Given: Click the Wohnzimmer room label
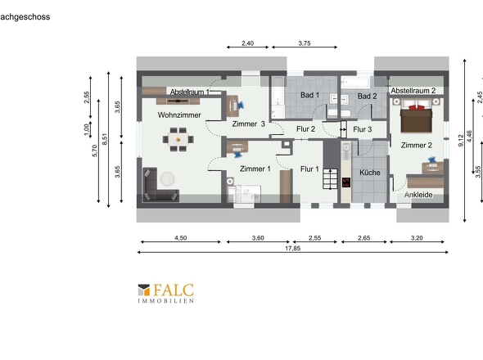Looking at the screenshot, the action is coord(179,115).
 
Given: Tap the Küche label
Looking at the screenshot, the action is coord(370,173).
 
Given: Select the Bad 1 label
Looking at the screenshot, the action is coord(310,95).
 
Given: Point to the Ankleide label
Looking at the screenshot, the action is coord(418,195).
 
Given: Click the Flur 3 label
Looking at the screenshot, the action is coord(362,129).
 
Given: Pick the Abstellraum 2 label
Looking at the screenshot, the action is coord(413,91).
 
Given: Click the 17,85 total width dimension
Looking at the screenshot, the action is coord(292,249).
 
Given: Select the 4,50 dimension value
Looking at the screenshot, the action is coord(180,238).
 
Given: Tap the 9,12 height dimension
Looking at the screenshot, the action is coord(461,141).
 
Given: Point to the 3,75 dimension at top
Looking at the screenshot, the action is coord(305,43).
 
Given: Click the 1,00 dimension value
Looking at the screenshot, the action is coord(87,129).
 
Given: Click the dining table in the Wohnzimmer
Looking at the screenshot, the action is coord(178,140).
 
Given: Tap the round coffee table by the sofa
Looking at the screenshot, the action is coord(167,178).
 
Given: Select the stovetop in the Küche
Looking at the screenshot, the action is coord(346,182).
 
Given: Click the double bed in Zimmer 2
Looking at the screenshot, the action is coord(416,116).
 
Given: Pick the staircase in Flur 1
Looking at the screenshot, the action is coord(330,178).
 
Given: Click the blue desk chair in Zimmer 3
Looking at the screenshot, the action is coord(240,106).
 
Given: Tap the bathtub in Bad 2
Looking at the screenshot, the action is coord(356,82).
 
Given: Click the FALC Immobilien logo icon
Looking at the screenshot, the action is coord(144,290).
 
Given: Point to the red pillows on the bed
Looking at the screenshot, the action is coord(416,107).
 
